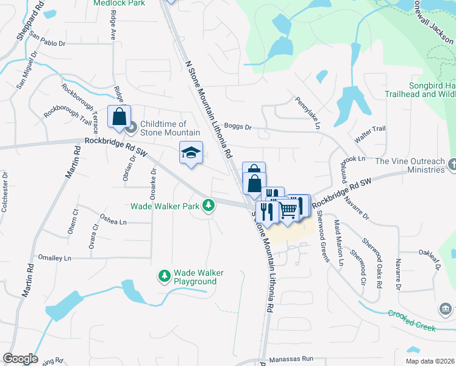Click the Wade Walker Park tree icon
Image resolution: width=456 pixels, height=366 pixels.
[209, 205]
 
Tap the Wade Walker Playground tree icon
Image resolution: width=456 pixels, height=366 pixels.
[164, 276]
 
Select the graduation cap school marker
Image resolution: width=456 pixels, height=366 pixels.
[191, 152]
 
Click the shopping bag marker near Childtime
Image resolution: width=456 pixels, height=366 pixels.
[119, 116]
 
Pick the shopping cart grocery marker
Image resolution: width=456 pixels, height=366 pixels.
[288, 210]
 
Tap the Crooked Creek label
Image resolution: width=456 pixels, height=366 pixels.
[412, 321]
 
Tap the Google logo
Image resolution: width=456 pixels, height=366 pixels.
[20, 359]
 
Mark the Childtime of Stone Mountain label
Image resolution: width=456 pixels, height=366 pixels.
[170, 128]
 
